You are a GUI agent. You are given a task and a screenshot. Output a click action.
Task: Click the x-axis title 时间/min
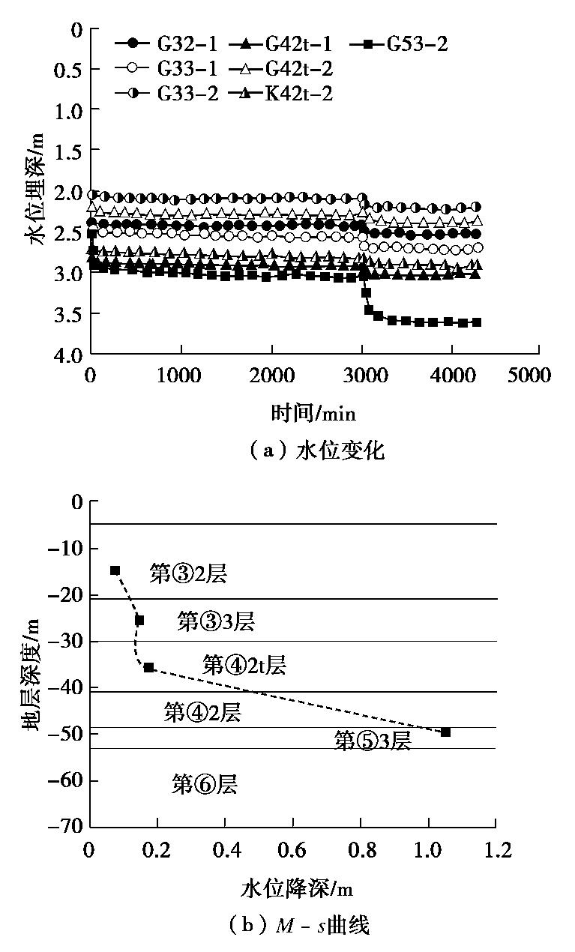(313, 412)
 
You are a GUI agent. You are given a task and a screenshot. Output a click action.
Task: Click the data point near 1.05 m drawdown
(445, 732)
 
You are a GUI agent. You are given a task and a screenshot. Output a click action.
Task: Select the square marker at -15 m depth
(115, 570)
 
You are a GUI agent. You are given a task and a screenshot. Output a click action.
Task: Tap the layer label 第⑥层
(205, 785)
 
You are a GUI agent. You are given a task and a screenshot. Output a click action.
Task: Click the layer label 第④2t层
(244, 664)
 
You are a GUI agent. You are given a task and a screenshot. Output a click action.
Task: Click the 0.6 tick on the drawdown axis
(292, 851)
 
